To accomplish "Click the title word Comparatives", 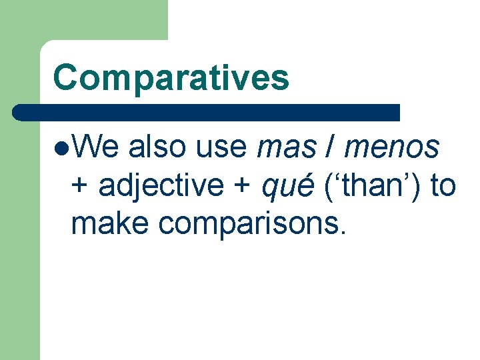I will point(171,77).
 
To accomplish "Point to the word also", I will point(155,146).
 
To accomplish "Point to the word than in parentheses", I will point(374,185).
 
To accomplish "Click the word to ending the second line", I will point(442,186).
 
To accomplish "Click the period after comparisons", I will point(343,234).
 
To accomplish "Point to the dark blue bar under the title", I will point(207,112).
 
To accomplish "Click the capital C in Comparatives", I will point(65,77).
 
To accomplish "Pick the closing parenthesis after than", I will point(418,186).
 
